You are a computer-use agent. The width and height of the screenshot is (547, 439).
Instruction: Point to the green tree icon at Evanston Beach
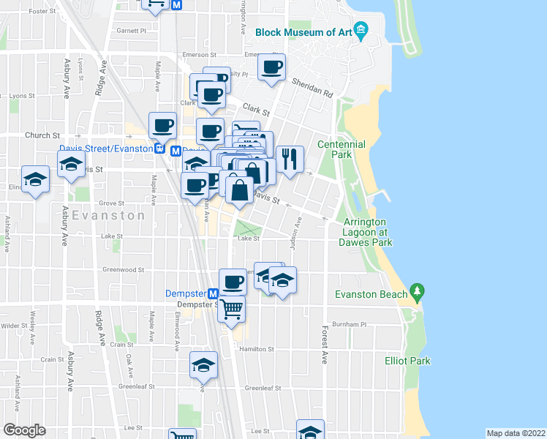point(418,290)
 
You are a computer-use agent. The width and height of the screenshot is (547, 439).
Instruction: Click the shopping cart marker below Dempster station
point(232,309)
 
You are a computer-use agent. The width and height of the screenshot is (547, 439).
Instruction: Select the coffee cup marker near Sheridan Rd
point(271,69)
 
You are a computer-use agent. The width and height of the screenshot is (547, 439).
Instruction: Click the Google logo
point(23,429)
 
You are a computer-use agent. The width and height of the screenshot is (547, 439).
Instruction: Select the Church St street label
point(42,135)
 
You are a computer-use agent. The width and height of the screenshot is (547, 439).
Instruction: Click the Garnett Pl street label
point(132,31)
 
